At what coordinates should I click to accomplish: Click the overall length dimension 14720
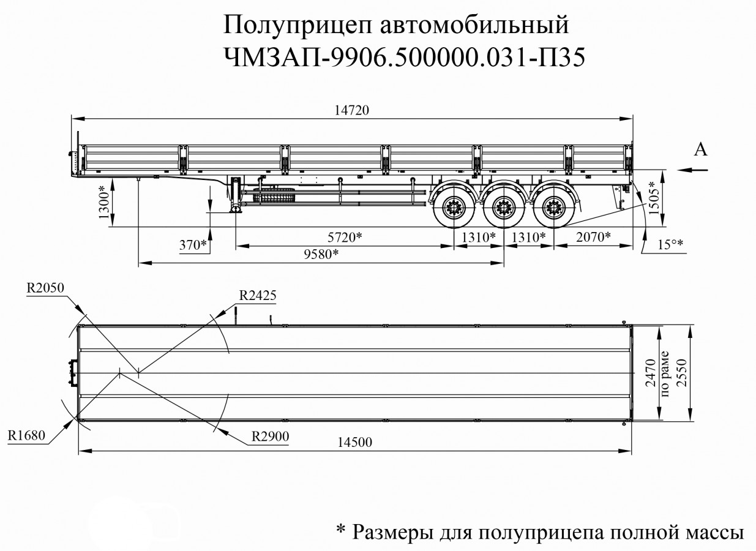tap(351, 110)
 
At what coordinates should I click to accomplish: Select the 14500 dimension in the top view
tap(354, 443)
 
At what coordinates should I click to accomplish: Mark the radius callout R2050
tap(45, 288)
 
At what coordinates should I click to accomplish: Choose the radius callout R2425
tap(258, 295)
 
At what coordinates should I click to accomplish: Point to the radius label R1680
tap(27, 435)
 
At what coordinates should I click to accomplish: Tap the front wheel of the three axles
tap(454, 208)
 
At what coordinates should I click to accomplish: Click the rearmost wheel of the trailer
tap(554, 208)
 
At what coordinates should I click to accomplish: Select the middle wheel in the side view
tap(504, 208)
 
